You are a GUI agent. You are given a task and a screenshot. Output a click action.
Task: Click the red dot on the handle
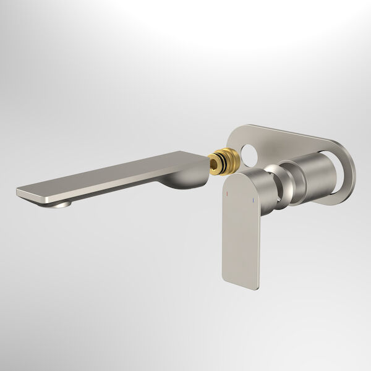click(x=227, y=192)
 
